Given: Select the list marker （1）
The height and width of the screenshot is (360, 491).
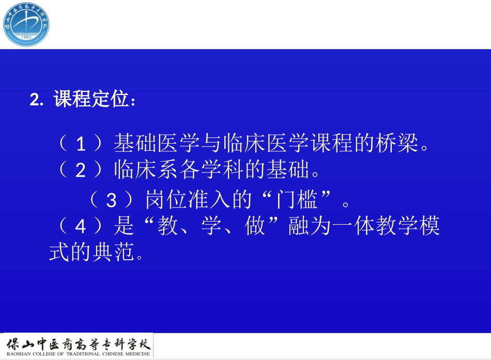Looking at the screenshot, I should (80, 144).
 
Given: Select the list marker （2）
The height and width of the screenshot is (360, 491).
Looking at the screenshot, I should (80, 170).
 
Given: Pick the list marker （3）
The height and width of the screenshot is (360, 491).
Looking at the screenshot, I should (112, 200).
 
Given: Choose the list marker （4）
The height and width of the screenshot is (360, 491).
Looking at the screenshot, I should (80, 226).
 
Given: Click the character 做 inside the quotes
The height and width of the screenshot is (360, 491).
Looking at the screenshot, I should (255, 226).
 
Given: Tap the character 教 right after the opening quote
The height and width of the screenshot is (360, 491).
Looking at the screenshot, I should (168, 226).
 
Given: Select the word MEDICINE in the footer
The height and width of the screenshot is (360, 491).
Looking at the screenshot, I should (135, 354).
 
